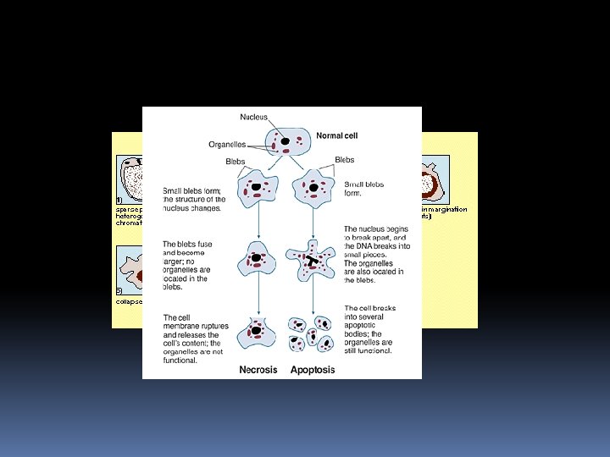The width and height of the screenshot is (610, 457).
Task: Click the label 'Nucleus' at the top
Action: tap(253, 118)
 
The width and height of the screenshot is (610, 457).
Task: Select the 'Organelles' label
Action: tap(226, 144)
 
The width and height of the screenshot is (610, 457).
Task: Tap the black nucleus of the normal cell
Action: tap(286, 141)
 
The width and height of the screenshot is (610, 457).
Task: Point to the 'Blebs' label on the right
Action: tap(345, 160)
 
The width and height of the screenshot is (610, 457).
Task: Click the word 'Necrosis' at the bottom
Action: tap(258, 370)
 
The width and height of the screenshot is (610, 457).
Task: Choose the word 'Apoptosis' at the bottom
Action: tap(313, 370)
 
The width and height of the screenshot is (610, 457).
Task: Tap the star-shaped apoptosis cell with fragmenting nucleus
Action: tap(313, 260)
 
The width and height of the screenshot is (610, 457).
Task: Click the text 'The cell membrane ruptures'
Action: tap(194, 325)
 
